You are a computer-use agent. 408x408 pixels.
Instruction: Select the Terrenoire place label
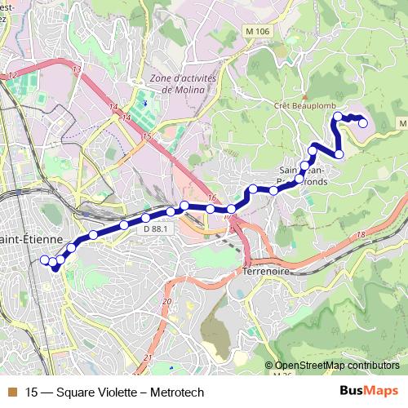[266, 270]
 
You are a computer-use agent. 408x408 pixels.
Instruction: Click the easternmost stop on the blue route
[363, 124]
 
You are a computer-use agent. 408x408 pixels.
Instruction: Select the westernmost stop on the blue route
[45, 259]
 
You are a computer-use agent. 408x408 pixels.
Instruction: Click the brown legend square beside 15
[11, 392]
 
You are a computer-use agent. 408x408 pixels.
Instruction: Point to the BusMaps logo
[368, 392]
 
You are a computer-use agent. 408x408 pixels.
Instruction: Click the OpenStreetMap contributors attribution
[336, 366]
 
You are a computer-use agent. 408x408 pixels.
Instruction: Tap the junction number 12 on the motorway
[11, 75]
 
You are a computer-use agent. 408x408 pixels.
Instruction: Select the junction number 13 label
[76, 71]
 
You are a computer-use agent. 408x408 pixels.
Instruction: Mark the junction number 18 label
[361, 235]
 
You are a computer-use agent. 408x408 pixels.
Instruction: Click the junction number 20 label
[166, 302]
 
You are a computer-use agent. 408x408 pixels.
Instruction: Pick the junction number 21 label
[148, 358]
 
